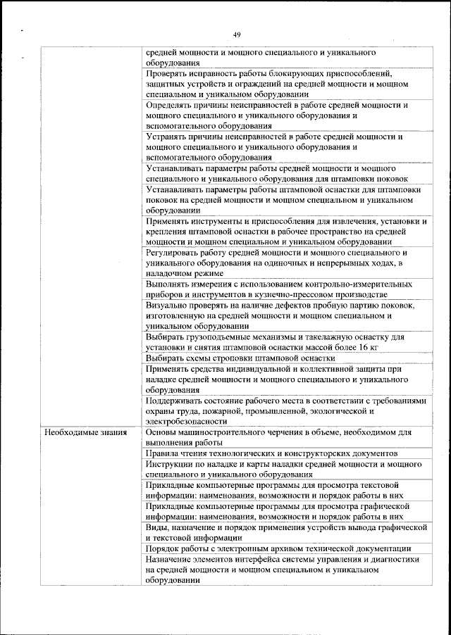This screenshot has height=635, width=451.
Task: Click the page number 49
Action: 236,34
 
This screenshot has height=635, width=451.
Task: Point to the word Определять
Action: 171,105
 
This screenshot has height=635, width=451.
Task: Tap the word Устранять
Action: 168,137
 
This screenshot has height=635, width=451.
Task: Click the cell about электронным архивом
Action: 278,548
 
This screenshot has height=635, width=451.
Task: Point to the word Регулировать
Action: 173,252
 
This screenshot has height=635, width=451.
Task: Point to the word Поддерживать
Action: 176,400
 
